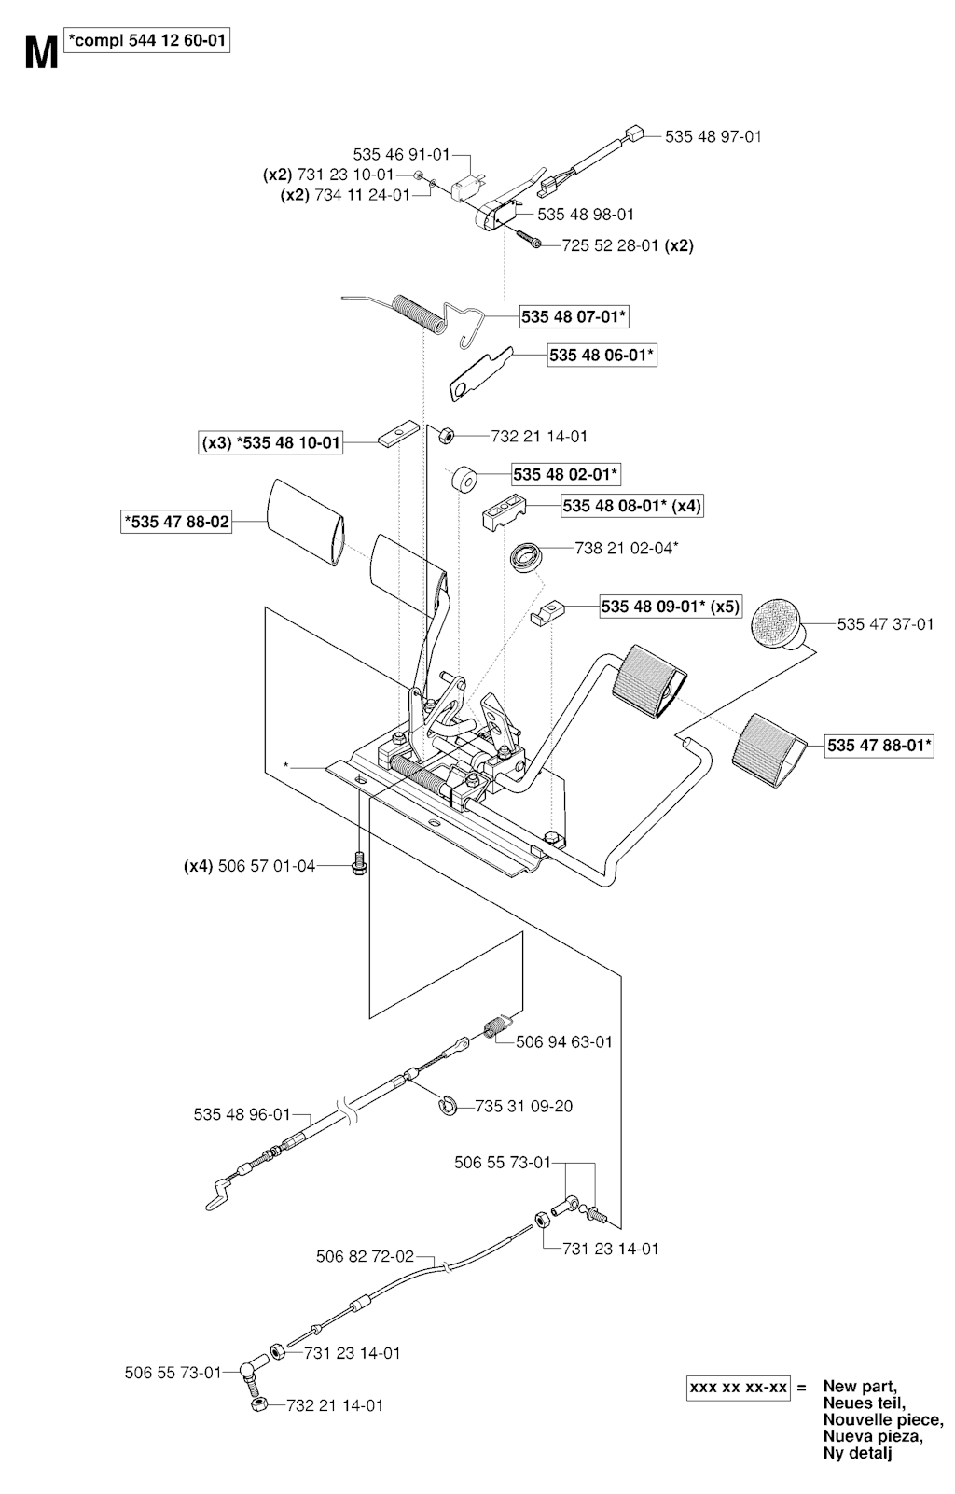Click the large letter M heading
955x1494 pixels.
tap(40, 54)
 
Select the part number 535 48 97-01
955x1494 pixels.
tap(713, 136)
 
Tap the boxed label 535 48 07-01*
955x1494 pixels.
tap(574, 317)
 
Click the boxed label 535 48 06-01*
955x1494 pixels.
tap(602, 356)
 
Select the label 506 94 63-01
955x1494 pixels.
tap(564, 1041)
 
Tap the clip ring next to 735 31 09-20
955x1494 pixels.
tap(448, 1106)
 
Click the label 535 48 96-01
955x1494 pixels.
tap(242, 1114)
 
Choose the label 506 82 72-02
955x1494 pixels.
tap(365, 1257)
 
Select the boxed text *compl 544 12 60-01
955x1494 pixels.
tap(147, 41)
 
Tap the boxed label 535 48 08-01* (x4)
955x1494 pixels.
tap(632, 506)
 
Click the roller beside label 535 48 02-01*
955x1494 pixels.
tap(464, 482)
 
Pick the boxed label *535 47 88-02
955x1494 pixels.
tap(177, 522)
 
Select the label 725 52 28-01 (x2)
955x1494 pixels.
tap(628, 246)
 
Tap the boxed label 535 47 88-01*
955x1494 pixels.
tap(879, 746)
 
